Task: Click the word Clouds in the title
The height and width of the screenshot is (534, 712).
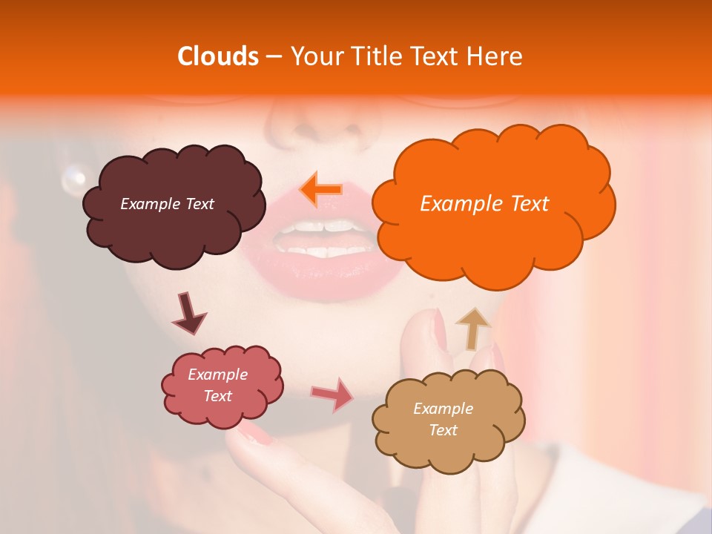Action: coord(218,56)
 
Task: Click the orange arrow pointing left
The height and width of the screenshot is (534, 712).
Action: coord(321,189)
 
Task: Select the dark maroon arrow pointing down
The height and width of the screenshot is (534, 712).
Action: coord(188,314)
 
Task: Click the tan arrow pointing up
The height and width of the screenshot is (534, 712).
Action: coord(472,328)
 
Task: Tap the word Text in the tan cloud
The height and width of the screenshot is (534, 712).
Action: coord(444,430)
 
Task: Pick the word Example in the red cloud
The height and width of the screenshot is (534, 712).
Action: coord(217,375)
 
